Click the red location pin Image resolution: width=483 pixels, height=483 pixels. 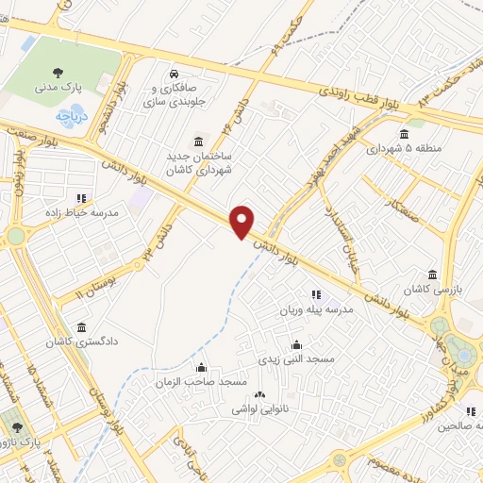pyautogui.click(x=243, y=221)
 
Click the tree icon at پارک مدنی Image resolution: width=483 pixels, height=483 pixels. pyautogui.click(x=59, y=71)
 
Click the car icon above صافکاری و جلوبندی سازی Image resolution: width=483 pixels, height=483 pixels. pyautogui.click(x=174, y=74)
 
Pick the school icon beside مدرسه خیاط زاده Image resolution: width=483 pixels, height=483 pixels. pyautogui.click(x=81, y=198)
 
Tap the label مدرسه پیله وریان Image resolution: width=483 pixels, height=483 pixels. pyautogui.click(x=315, y=309)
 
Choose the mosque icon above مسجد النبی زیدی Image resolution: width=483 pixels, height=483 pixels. pyautogui.click(x=296, y=344)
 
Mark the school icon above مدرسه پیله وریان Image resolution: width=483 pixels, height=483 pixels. pyautogui.click(x=315, y=294)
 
